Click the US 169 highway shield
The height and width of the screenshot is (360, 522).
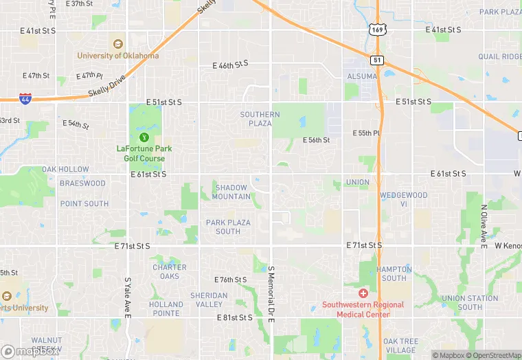[376, 29]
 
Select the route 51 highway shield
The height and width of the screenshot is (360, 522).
[377, 60]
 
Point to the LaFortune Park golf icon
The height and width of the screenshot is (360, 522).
[144, 137]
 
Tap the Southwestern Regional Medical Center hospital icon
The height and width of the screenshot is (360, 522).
[363, 293]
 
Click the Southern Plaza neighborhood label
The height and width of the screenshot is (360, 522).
[260, 119]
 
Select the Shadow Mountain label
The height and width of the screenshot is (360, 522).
[231, 192]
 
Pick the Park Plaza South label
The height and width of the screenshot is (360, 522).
[228, 227]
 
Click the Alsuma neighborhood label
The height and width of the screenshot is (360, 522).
[361, 77]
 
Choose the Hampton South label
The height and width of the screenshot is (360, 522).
[394, 273]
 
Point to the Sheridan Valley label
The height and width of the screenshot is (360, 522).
[209, 300]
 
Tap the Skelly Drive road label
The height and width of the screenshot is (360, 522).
[107, 87]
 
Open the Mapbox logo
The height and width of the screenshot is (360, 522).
[27, 352]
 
